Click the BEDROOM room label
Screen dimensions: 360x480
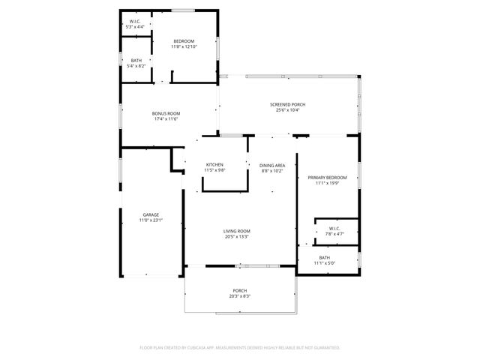coord(184,40)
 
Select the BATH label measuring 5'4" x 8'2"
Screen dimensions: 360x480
coord(136,61)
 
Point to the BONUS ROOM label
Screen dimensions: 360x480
coord(166,113)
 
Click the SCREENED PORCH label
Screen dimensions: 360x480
coord(287,104)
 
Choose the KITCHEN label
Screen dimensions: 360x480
coord(215,164)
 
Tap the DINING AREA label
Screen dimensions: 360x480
coord(271,165)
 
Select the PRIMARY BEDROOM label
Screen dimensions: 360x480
coord(327,177)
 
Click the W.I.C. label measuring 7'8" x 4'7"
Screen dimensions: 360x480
coord(334,228)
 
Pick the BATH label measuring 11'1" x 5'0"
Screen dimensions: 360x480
coord(324,257)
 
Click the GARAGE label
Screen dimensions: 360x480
coord(151,214)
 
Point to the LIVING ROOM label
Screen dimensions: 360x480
coord(236,231)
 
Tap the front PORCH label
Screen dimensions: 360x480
coord(239,290)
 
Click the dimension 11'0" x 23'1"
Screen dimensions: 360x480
coord(151,220)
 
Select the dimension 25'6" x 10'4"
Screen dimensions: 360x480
coord(287,110)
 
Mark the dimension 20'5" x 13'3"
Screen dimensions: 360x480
coord(236,237)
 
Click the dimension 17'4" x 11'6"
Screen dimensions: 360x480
coord(166,119)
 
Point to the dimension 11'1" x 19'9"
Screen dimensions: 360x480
coord(327,183)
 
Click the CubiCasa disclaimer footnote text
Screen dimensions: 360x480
coord(240,347)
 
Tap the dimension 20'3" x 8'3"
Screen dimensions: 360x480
coord(239,296)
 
